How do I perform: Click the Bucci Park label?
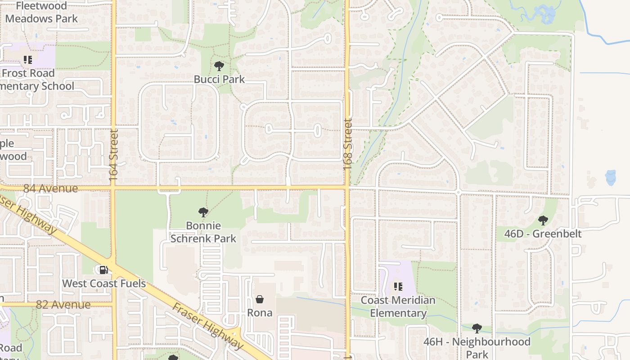pyautogui.click(x=219, y=79)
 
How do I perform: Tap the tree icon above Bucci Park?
pyautogui.click(x=219, y=66)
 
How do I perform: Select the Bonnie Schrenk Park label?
pyautogui.click(x=203, y=232)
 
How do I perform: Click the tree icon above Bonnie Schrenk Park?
pyautogui.click(x=203, y=212)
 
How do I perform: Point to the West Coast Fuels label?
pyautogui.click(x=104, y=283)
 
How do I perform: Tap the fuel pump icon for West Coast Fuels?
pyautogui.click(x=103, y=270)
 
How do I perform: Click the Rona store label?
pyautogui.click(x=260, y=312)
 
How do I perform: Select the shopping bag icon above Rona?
pyautogui.click(x=260, y=299)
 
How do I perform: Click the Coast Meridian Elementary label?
pyautogui.click(x=398, y=306)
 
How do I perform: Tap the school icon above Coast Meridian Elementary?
pyautogui.click(x=398, y=286)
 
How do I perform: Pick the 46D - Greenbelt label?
pyautogui.click(x=543, y=234)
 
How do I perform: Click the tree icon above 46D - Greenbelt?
pyautogui.click(x=543, y=220)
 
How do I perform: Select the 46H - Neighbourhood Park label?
pyautogui.click(x=477, y=348)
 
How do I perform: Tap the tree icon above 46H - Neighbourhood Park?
pyautogui.click(x=477, y=328)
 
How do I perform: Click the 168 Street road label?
pyautogui.click(x=347, y=144)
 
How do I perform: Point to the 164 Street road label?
pyautogui.click(x=113, y=156)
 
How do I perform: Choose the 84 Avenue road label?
pyautogui.click(x=50, y=189)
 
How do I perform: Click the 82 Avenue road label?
pyautogui.click(x=63, y=305)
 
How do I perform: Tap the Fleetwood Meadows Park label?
pyautogui.click(x=41, y=12)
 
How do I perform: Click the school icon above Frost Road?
pyautogui.click(x=28, y=59)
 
